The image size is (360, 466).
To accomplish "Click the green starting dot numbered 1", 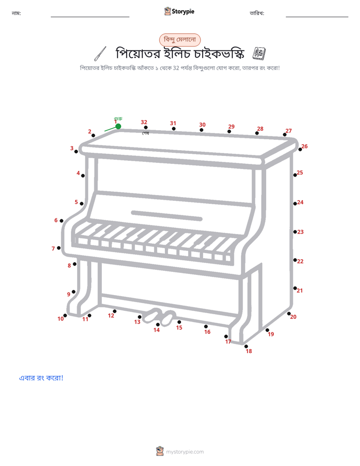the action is (x=118, y=126).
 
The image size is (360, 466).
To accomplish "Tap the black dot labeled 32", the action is (x=146, y=128).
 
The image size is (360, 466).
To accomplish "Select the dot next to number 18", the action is (x=246, y=346).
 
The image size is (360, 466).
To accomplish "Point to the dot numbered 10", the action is (x=65, y=315).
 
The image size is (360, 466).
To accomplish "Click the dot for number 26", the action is (x=300, y=149).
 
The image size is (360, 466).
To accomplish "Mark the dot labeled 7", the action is (x=59, y=248).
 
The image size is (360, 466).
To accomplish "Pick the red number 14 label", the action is (x=156, y=330).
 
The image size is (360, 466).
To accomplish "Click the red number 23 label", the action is (x=301, y=232).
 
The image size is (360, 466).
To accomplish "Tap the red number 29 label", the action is (x=231, y=127).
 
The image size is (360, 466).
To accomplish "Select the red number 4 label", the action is (x=78, y=173).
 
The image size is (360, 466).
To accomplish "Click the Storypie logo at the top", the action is (x=179, y=11).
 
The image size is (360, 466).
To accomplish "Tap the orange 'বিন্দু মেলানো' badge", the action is (x=180, y=40).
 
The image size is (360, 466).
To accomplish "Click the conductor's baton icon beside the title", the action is (x=100, y=54).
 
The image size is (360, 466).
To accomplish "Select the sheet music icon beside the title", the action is (x=259, y=53).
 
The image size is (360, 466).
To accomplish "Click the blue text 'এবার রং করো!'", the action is (x=41, y=378).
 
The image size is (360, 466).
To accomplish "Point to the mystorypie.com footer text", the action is (x=185, y=452).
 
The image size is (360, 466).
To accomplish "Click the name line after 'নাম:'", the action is (x=90, y=17).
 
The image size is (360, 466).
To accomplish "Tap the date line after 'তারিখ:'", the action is (x=317, y=17).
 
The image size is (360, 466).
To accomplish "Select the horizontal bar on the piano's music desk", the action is (x=166, y=216).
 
